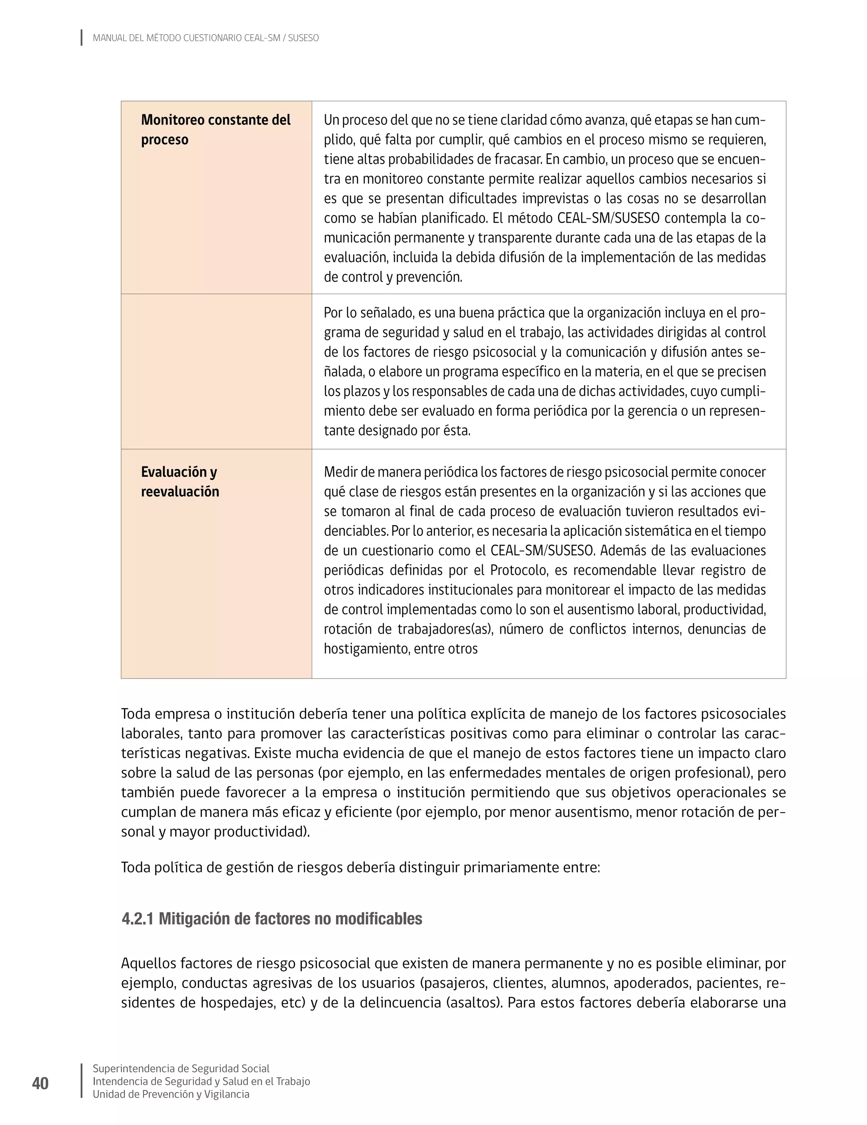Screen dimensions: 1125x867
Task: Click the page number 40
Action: pos(40,1083)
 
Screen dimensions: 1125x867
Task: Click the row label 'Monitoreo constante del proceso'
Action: pos(215,129)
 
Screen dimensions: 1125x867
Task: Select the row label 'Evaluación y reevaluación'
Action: pos(180,481)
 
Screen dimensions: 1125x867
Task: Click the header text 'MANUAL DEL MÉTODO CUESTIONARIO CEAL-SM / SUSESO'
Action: pos(206,38)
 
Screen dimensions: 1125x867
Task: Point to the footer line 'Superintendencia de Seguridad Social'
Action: pos(181,1068)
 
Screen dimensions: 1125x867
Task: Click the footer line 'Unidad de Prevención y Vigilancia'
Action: pos(171,1094)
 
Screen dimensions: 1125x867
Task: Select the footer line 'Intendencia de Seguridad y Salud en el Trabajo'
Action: pos(201,1081)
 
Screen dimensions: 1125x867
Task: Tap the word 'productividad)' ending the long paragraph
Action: pos(262,831)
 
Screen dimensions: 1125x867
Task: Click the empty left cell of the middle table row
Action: pos(216,371)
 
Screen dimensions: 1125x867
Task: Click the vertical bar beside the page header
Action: pos(81,38)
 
